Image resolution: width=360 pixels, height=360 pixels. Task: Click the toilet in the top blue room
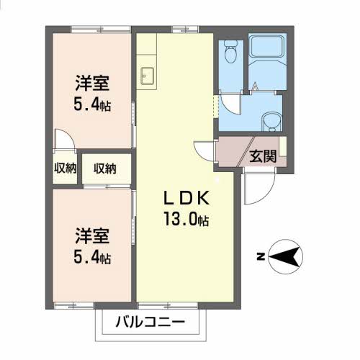tap(230, 52)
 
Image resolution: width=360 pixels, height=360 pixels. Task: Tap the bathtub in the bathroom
tap(267, 46)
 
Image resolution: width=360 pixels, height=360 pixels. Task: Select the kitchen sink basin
tap(148, 76)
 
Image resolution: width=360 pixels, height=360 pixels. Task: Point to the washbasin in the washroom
tap(271, 122)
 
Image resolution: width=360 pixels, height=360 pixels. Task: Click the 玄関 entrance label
tap(264, 156)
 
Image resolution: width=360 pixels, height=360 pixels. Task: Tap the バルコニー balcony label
tap(150, 323)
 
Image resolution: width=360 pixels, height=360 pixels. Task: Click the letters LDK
tap(186, 198)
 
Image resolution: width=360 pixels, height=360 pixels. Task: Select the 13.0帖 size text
tap(186, 219)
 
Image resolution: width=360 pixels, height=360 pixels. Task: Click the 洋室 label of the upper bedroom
tap(92, 84)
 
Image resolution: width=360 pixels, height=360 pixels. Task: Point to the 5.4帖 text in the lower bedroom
tap(92, 258)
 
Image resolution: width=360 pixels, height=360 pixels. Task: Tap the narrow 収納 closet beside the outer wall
tap(65, 168)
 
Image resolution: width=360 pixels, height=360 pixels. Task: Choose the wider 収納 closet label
tap(105, 168)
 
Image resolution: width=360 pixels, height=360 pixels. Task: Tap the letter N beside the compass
tap(261, 257)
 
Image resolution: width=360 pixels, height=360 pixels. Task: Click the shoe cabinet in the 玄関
tap(283, 146)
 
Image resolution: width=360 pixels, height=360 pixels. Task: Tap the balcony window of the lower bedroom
tap(73, 306)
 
